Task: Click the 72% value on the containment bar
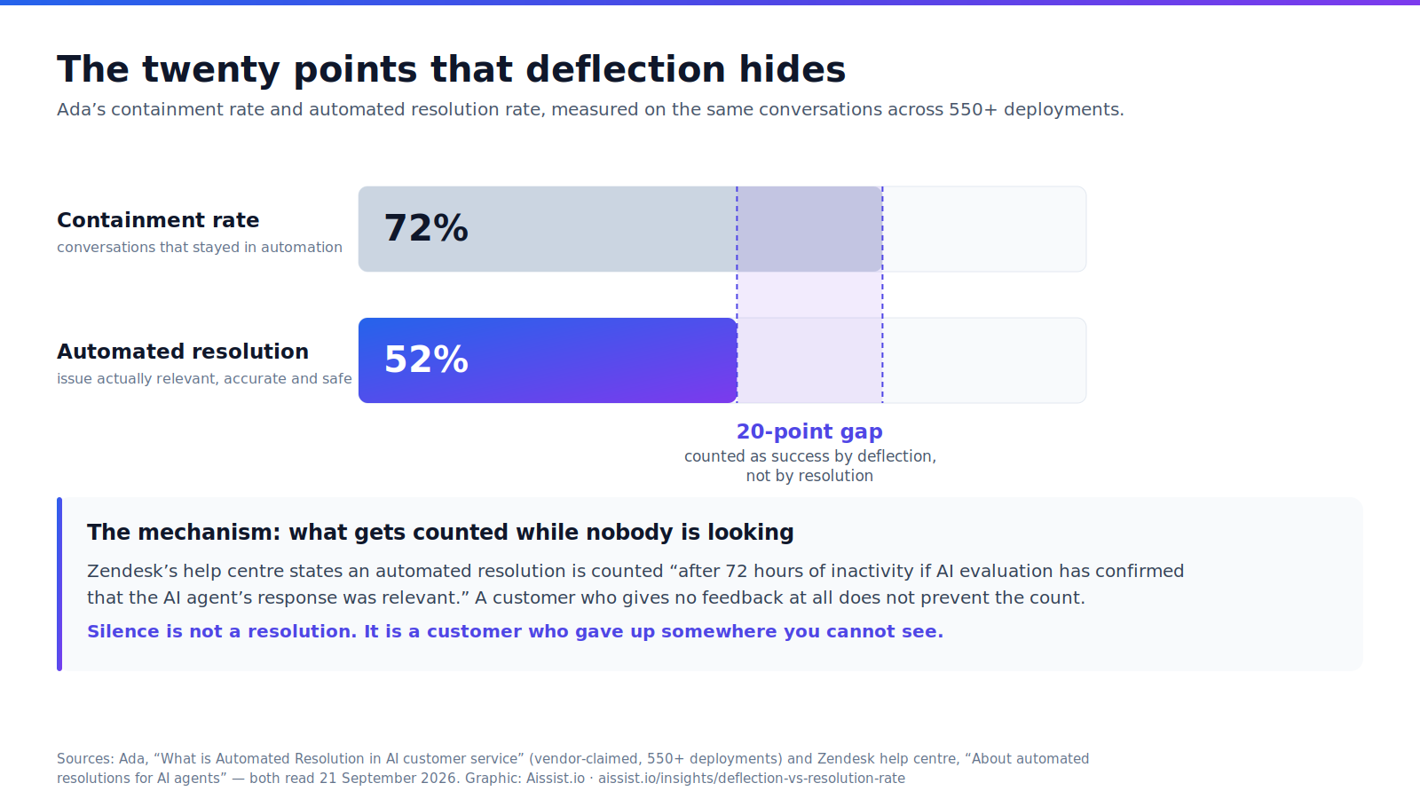click(x=426, y=228)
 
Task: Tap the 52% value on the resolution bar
click(x=426, y=360)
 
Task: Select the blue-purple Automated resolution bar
click(x=548, y=360)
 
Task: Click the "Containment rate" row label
click(x=158, y=220)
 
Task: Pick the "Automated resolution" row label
click(x=183, y=352)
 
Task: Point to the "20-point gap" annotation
click(x=809, y=431)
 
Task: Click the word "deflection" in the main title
click(x=626, y=69)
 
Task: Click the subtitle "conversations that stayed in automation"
click(x=200, y=248)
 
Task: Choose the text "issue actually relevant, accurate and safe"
click(x=204, y=378)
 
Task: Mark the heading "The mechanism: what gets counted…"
click(x=440, y=532)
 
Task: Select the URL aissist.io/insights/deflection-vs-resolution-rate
click(x=751, y=778)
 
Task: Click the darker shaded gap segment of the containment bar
click(x=809, y=229)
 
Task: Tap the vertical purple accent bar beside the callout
click(x=59, y=584)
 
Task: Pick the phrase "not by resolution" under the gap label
click(x=809, y=476)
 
